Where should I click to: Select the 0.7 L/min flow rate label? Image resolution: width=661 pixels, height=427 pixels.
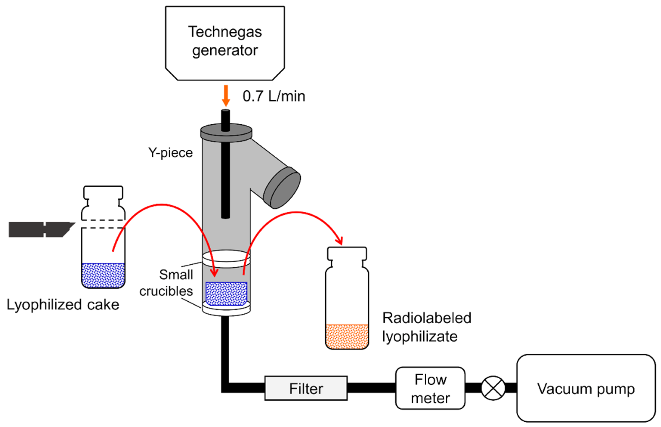[274, 96]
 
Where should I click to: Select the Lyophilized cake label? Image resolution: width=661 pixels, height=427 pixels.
[63, 305]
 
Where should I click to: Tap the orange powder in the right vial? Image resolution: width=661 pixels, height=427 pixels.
[347, 336]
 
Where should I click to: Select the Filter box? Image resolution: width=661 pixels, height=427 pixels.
[306, 388]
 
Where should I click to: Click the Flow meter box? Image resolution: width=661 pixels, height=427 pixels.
[430, 388]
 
